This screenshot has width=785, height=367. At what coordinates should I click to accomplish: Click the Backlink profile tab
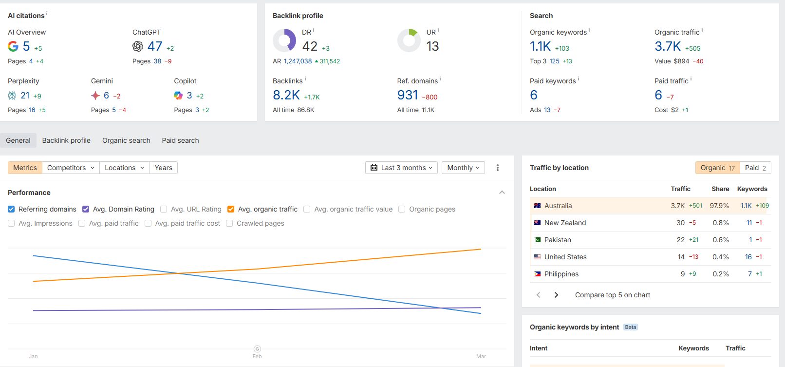(66, 140)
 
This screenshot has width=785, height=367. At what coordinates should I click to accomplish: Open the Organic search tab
(126, 140)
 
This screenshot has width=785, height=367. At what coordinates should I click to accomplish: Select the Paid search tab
(180, 140)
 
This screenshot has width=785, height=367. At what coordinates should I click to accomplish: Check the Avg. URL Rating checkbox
(164, 209)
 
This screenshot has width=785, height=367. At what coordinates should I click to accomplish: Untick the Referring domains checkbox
(11, 209)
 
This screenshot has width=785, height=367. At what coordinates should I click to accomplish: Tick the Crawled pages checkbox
(229, 224)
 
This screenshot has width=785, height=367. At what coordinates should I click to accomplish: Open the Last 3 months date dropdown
(401, 168)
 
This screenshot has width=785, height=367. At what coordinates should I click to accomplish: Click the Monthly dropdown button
(463, 168)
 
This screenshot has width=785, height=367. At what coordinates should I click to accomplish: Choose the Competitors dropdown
(71, 168)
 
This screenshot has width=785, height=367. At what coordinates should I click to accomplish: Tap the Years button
(163, 168)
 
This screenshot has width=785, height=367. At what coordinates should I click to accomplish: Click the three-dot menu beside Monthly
(498, 168)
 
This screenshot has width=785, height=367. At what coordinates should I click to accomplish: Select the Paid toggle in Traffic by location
(756, 168)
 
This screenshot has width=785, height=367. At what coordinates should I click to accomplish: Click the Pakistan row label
(558, 240)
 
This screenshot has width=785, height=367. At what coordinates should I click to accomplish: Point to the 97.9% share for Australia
(719, 206)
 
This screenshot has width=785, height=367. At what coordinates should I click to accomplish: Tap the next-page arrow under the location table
(556, 295)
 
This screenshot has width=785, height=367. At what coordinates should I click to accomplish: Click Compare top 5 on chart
(613, 295)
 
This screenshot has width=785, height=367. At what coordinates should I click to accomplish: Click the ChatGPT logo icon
(138, 46)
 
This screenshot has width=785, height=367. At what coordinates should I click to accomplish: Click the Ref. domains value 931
(408, 95)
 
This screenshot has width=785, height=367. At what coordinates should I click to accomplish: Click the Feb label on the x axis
(257, 356)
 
